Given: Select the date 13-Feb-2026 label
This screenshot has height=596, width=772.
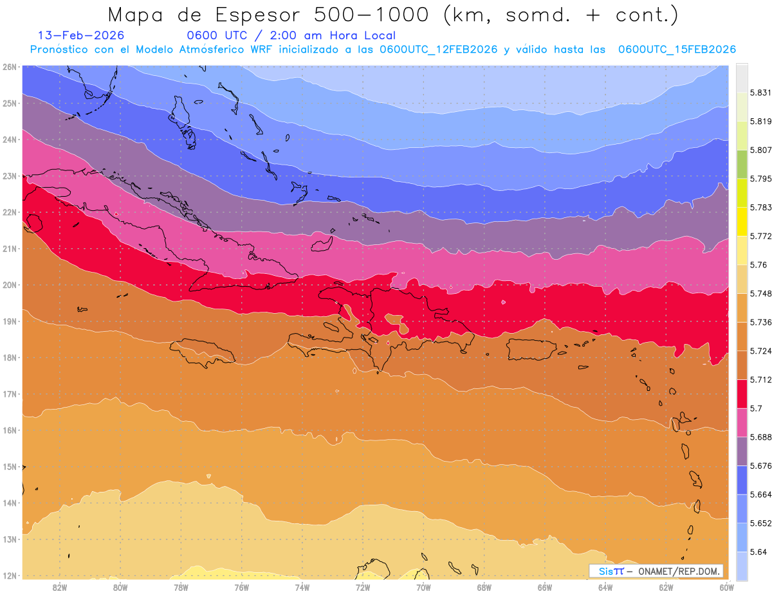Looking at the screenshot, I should [x=81, y=35].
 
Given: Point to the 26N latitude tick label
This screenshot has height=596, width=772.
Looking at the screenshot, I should [x=10, y=67].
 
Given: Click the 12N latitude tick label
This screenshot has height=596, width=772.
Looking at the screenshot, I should [x=10, y=575].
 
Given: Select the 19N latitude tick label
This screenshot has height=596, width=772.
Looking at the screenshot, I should [x=10, y=321].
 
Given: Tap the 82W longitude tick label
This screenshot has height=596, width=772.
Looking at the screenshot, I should [x=60, y=587].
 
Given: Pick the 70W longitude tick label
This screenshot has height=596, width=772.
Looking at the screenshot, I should [x=423, y=587].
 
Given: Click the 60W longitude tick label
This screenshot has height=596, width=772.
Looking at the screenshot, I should [x=726, y=587].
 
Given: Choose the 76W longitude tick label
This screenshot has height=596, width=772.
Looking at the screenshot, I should [x=241, y=587].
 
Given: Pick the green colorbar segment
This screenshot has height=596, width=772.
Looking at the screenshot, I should [x=742, y=164].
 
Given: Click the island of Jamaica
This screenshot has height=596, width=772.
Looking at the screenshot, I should [x=202, y=352].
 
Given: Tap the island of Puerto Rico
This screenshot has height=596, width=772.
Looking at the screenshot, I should [x=531, y=349].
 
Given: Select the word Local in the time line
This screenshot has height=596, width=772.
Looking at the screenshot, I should [x=377, y=35].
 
